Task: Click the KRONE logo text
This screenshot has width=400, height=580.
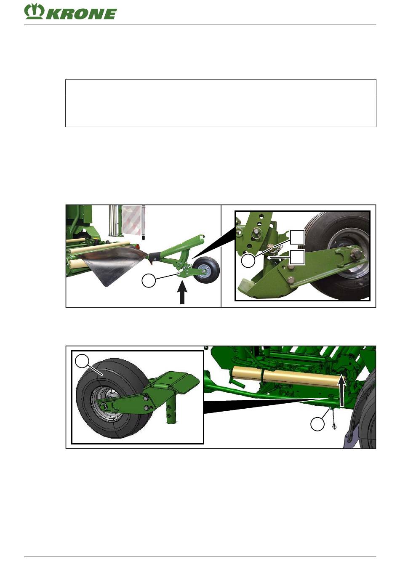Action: point(81,14)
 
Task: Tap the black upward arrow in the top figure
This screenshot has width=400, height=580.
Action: point(182,293)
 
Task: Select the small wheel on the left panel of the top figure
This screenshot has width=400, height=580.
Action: point(206,270)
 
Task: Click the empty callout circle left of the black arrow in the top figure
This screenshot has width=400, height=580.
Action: point(149,281)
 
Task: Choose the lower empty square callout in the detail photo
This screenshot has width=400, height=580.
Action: point(297,257)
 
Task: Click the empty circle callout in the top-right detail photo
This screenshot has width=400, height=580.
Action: point(248,261)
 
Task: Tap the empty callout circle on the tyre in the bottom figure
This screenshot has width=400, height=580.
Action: point(82,361)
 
